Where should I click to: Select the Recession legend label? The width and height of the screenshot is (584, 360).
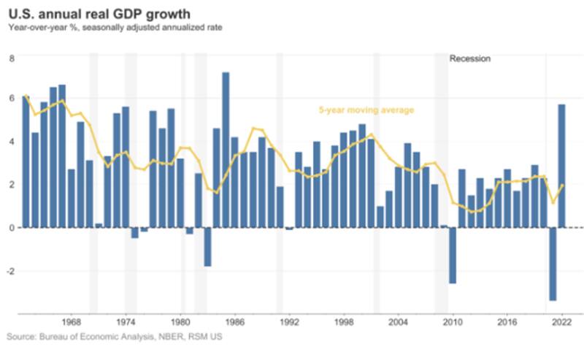pyautogui.click(x=470, y=59)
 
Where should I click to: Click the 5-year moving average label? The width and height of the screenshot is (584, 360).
pyautogui.click(x=366, y=110)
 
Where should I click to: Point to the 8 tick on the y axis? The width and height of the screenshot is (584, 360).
pyautogui.click(x=11, y=57)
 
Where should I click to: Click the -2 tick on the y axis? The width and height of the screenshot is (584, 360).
pyautogui.click(x=9, y=271)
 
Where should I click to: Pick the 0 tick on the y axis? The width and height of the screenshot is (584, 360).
pyautogui.click(x=11, y=228)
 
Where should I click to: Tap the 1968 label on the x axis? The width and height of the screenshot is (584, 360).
pyautogui.click(x=71, y=321)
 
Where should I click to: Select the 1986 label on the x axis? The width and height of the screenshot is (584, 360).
pyautogui.click(x=234, y=321)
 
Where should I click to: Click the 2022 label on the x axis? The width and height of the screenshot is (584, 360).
pyautogui.click(x=561, y=321)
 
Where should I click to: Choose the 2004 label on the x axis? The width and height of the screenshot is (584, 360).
pyautogui.click(x=398, y=321)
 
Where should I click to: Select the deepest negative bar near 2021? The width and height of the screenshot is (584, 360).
pyautogui.click(x=553, y=264)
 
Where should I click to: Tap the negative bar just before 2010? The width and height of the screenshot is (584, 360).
pyautogui.click(x=453, y=255)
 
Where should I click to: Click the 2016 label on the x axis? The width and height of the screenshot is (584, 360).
pyautogui.click(x=507, y=321)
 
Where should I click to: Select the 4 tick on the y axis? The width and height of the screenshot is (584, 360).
pyautogui.click(x=11, y=142)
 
